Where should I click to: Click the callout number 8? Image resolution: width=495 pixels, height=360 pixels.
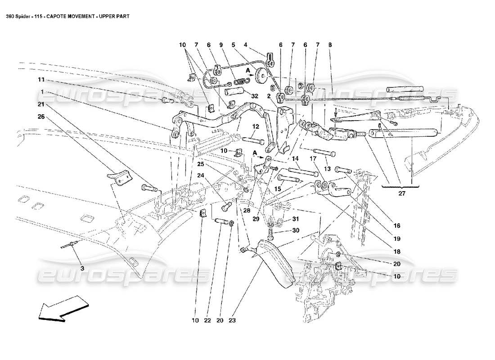point(331,45)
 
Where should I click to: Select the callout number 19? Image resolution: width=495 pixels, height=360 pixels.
point(397,239)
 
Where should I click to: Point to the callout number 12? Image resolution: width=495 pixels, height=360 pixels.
point(255,126)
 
